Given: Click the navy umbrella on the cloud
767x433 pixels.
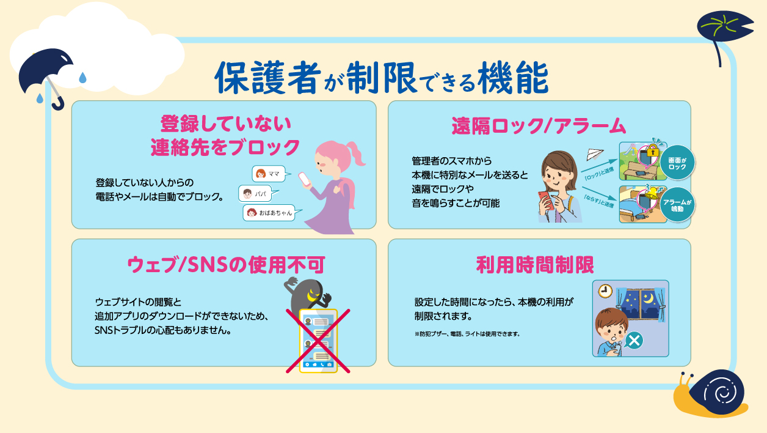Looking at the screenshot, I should (45, 72).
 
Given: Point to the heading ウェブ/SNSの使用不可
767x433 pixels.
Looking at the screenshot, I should (225, 265).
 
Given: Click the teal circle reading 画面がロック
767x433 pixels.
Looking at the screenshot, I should (677, 163).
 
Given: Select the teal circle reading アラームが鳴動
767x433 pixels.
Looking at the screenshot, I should (678, 205).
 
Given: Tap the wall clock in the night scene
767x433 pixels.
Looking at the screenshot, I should (604, 290).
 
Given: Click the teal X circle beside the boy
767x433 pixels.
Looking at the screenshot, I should (634, 340).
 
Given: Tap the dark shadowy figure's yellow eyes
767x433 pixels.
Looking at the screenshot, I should (313, 295).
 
